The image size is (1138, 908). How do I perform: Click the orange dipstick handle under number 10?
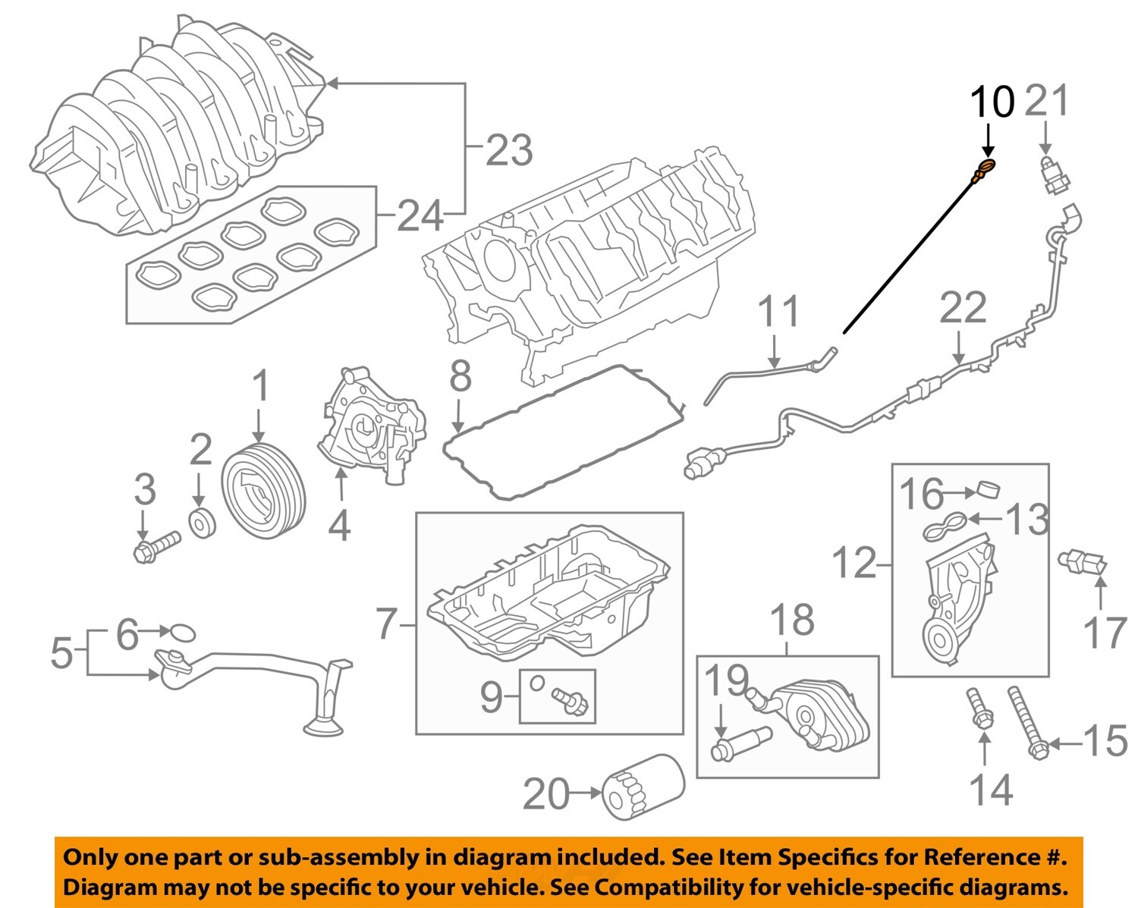click(x=985, y=167)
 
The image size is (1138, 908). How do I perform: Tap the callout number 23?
click(x=509, y=150)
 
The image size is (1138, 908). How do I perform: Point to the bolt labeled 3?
click(x=156, y=547)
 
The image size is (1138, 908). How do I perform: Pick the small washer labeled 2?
click(x=203, y=523)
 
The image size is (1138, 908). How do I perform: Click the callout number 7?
click(x=387, y=624)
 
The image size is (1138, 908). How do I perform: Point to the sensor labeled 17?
click(x=1083, y=563)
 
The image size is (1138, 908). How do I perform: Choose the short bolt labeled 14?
click(x=979, y=707)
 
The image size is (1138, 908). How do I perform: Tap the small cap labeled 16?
click(x=987, y=491)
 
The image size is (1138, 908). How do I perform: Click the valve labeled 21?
click(x=1053, y=176)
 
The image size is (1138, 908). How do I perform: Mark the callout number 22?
click(x=963, y=308)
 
